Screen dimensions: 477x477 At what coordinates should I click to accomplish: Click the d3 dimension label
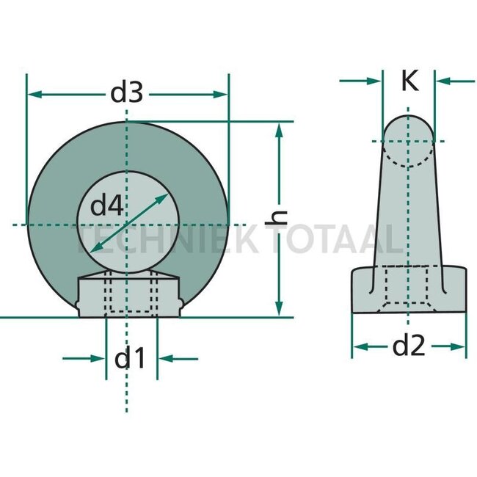click(125, 93)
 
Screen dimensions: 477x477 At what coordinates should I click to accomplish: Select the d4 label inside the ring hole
click(106, 207)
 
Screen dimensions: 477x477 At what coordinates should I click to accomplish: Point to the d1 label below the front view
click(130, 359)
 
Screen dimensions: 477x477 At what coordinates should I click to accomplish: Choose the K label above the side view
click(409, 81)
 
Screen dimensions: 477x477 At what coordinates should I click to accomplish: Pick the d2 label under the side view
click(409, 345)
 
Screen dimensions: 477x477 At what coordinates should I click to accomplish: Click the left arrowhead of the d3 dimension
click(32, 94)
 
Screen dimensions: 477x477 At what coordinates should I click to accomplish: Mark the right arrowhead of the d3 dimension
click(224, 94)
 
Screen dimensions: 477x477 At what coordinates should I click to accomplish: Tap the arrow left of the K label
click(377, 81)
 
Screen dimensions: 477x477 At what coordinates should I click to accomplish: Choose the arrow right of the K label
click(440, 81)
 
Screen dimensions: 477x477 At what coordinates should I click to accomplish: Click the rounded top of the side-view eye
click(409, 128)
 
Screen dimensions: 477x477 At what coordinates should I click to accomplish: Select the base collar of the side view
click(409, 290)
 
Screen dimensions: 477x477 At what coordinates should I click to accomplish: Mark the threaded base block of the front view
click(129, 295)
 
